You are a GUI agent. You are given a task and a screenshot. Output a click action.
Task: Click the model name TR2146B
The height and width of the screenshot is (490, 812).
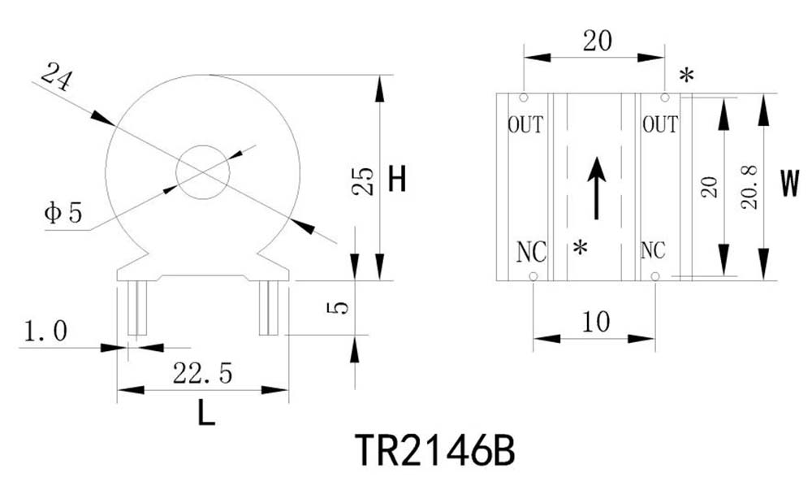[x=434, y=449]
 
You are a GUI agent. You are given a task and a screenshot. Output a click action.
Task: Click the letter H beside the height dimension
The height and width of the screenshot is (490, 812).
[x=397, y=180]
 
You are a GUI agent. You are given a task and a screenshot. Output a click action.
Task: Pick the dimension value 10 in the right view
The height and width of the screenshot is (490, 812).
[x=596, y=322]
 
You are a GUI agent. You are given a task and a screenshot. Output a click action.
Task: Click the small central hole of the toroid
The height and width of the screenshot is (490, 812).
[x=203, y=172]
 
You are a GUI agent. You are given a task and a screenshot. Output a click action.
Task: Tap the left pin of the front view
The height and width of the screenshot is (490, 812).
[x=138, y=309]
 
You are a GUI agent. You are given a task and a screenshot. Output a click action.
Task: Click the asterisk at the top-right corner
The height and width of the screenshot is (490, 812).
[x=686, y=76]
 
